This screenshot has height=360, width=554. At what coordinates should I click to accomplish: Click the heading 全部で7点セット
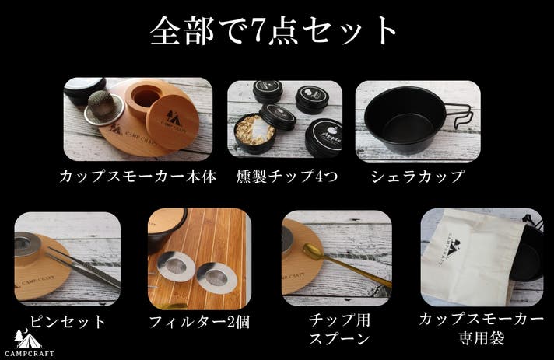274,31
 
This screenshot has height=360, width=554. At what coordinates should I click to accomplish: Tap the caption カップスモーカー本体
138,177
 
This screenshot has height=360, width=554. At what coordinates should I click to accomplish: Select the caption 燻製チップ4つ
287,177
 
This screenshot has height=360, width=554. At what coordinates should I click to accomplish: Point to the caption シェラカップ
417,177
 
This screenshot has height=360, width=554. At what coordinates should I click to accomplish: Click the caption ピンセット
68,322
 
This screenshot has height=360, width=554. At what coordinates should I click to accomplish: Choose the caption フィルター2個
200,322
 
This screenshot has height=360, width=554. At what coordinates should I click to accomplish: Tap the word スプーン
339,339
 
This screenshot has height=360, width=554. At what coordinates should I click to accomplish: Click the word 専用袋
481,338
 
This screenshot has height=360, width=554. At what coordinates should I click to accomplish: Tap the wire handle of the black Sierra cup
464,115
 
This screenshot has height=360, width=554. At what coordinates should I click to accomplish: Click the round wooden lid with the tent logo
173,122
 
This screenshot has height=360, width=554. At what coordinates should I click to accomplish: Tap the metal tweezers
85,267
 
